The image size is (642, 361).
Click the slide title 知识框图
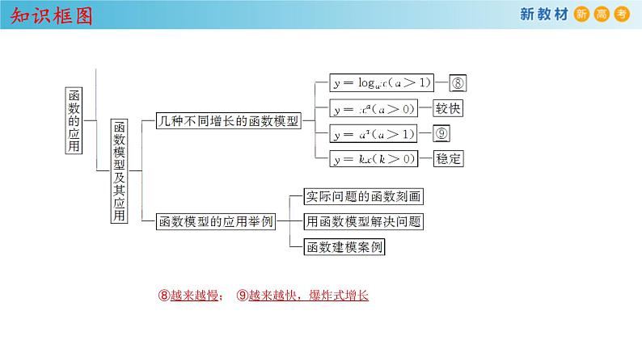point(49,15)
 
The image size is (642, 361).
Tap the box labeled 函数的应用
point(74,120)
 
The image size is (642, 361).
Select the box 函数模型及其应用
point(120,171)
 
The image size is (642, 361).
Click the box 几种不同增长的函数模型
point(229,123)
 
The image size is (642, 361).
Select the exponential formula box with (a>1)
point(374,134)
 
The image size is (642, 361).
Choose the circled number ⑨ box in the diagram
point(443,134)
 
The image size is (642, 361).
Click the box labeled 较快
point(448,109)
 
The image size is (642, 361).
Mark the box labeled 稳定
point(449,159)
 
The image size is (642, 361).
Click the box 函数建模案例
point(344,246)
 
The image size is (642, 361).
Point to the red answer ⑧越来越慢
point(191,296)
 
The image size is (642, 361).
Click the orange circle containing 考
point(621,15)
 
